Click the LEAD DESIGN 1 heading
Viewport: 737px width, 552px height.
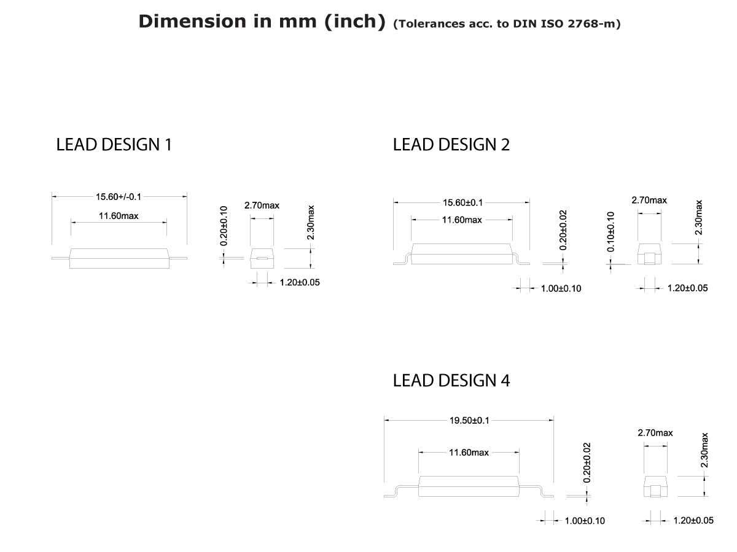(114, 145)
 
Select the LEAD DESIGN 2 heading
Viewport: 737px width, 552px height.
(451, 145)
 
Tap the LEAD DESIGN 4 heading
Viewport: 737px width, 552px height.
(451, 381)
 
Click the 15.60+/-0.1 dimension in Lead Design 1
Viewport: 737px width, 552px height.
(119, 197)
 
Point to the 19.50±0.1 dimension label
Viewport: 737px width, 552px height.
(469, 420)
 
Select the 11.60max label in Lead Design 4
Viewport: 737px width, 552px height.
(469, 453)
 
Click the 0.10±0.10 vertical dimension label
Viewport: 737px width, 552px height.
(611, 232)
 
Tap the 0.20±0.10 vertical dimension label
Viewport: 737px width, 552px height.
(224, 226)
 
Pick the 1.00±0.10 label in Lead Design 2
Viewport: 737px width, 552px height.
(561, 288)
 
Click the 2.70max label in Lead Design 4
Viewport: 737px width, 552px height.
(655, 433)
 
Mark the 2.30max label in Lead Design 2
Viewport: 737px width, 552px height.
(698, 217)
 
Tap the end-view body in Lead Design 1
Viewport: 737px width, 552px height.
(262, 258)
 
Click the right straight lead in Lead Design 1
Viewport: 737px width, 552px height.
(177, 258)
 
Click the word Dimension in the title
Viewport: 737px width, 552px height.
(183, 21)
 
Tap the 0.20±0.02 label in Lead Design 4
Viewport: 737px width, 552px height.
(587, 462)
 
